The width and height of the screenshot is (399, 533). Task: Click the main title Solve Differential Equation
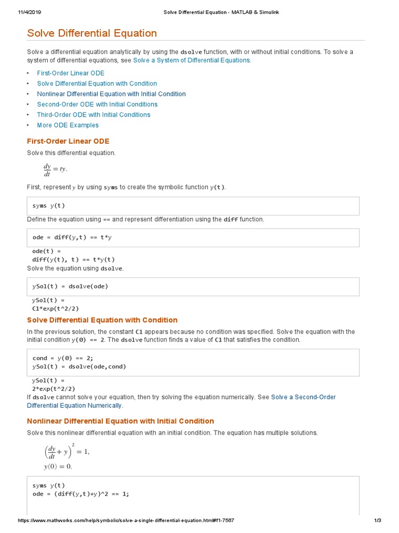(92, 33)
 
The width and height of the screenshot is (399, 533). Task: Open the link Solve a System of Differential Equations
(192, 60)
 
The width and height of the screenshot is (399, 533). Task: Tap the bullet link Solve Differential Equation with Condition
(97, 84)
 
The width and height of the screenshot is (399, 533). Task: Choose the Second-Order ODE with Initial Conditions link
(97, 105)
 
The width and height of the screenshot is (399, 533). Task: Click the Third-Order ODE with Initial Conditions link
(94, 115)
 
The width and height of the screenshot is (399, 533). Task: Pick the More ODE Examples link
(68, 125)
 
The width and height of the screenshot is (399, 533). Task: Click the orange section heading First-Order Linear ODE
(68, 141)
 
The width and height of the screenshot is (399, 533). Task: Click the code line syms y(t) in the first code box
(49, 206)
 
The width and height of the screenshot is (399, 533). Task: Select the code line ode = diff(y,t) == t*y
(72, 237)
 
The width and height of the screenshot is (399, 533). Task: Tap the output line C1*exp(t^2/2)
(56, 308)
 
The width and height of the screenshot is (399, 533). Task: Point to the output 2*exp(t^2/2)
(54, 389)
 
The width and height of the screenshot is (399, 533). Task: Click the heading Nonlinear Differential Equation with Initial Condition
(121, 421)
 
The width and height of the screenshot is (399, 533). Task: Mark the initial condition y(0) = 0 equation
(58, 466)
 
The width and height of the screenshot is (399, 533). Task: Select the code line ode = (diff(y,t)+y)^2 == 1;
(81, 494)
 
